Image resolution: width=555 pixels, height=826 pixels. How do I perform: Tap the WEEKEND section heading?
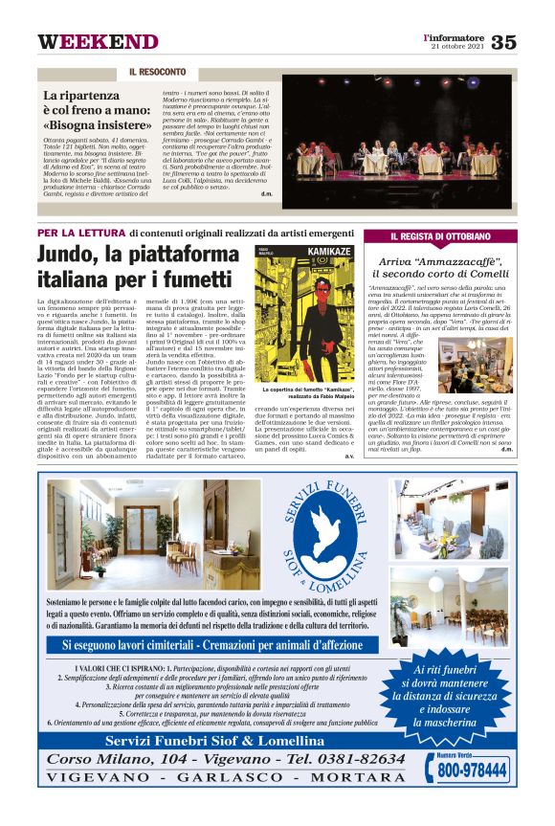pyautogui.click(x=98, y=42)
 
